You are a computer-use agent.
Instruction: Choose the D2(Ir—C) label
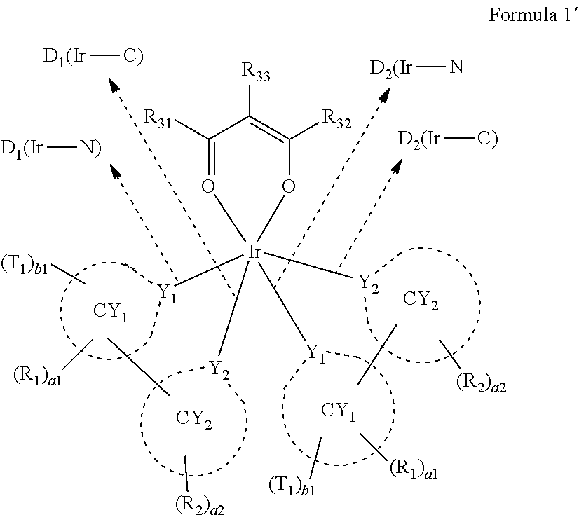point(447,139)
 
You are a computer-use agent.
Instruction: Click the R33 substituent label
point(255,70)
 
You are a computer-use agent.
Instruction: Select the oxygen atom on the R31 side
point(209,187)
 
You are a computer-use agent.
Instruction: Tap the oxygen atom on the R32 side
point(287,187)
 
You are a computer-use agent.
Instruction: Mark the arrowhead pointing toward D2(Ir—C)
point(397,167)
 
